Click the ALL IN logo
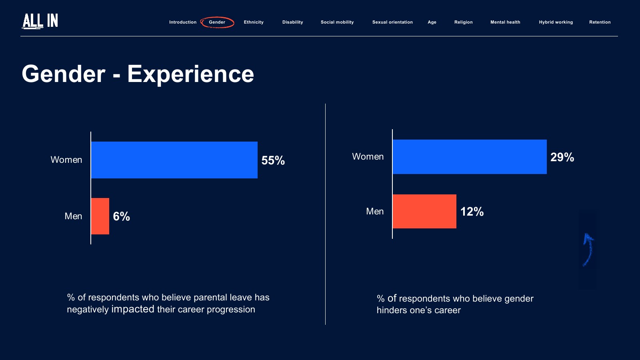pos(40,21)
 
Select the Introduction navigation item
pos(182,22)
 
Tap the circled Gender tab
pos(217,22)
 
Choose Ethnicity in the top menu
pos(254,22)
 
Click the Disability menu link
pos(292,22)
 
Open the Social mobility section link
pos(337,22)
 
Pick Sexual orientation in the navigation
pos(392,22)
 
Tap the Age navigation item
pos(432,22)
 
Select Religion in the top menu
pos(463,22)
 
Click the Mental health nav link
pos(505,22)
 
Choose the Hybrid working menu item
pos(556,22)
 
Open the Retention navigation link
pos(600,22)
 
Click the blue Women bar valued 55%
pos(174,160)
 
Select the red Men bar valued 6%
pos(100,216)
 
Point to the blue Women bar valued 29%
pos(470,157)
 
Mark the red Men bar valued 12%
pos(424,211)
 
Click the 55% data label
pos(273,160)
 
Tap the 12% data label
pos(472,212)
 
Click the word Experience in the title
pos(190,74)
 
